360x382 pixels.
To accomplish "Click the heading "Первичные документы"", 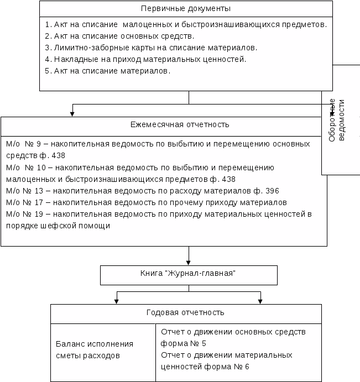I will (x=186, y=9).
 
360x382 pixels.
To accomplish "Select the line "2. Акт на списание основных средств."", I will (x=119, y=36).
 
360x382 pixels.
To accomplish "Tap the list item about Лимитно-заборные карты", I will (x=151, y=48).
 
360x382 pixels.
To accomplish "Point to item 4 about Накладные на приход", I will (x=145, y=59).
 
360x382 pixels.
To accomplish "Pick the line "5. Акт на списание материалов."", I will (x=108, y=71).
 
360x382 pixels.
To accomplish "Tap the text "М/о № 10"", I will (x=23, y=167).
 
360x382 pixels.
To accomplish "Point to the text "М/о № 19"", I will (x=23, y=214).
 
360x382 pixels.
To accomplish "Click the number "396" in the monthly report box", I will (x=272, y=191).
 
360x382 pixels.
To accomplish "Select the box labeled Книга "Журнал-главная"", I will (x=189, y=274).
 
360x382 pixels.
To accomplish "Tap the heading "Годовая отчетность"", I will (x=185, y=313).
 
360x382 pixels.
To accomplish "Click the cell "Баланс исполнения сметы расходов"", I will (x=95, y=350).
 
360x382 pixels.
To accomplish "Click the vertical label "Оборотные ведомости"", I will (x=336, y=120).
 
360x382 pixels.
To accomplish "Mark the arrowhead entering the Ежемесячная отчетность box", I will (x=72, y=114).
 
